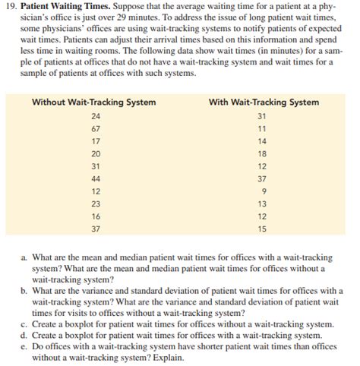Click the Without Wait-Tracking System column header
pos(94,103)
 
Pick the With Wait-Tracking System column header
pos(264,103)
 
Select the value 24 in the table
pos(94,116)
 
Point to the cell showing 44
pos(94,178)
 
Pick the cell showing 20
pos(94,153)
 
